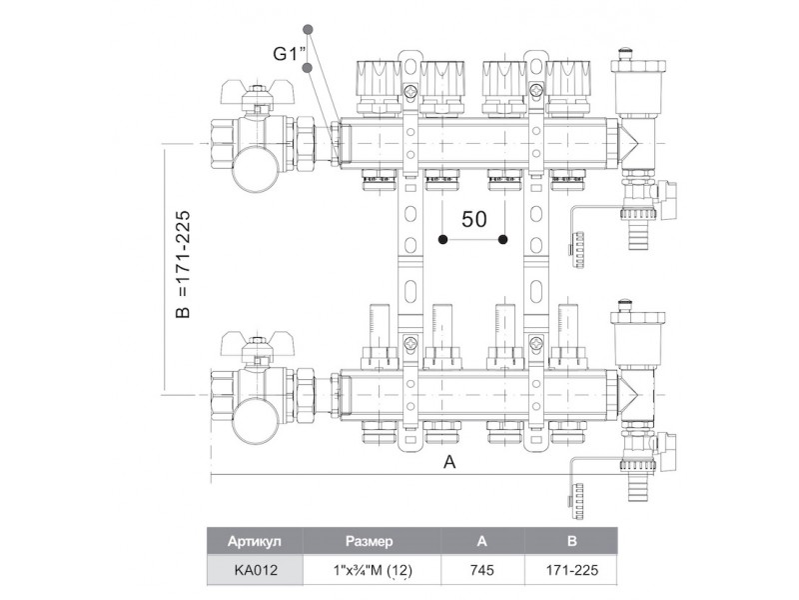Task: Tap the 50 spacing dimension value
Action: click(x=474, y=220)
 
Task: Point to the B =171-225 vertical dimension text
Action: click(x=183, y=268)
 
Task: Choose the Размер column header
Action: click(x=369, y=541)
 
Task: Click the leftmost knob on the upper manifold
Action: click(x=378, y=77)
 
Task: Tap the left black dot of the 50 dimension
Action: click(x=443, y=240)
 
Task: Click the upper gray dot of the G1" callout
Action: click(x=310, y=29)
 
